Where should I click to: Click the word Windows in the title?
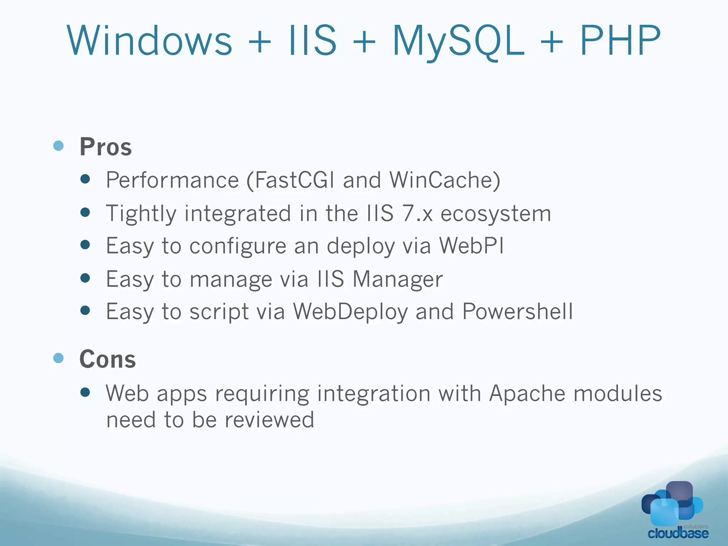(x=149, y=41)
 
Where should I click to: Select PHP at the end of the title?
(x=620, y=41)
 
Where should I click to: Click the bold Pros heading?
(x=106, y=147)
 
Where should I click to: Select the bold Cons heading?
(x=107, y=359)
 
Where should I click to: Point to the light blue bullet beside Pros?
(x=58, y=146)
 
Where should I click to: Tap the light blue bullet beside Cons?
(x=58, y=358)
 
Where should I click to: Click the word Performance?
(x=172, y=180)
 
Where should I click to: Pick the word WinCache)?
(x=445, y=180)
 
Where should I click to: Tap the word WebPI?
(x=471, y=246)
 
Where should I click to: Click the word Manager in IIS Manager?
(x=397, y=279)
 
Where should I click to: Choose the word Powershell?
(x=518, y=312)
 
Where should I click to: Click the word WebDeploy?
(x=350, y=312)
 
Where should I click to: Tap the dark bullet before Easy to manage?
(x=85, y=278)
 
